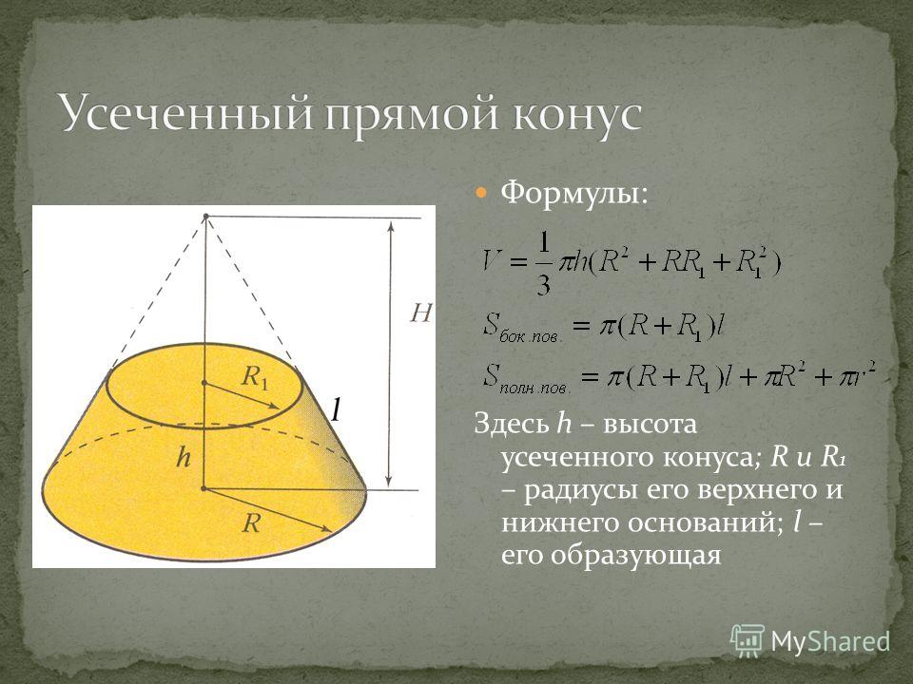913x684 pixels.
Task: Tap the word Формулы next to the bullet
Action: (569, 193)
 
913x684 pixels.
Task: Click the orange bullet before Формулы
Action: (482, 193)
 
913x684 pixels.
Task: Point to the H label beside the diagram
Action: (420, 314)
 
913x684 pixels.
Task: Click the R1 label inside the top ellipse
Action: (254, 377)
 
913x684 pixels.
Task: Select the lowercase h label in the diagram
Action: (183, 457)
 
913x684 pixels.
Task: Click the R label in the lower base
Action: (251, 522)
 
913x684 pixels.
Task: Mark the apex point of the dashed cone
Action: (205, 217)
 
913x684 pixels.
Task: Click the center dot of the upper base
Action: (204, 383)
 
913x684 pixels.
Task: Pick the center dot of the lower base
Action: (204, 488)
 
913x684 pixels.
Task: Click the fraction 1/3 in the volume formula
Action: (543, 265)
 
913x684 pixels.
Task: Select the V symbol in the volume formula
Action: (493, 263)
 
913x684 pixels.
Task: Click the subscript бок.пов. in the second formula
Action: (531, 338)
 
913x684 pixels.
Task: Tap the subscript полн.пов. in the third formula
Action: (535, 389)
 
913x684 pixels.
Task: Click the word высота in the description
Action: (650, 424)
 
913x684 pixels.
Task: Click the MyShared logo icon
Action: (748, 641)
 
